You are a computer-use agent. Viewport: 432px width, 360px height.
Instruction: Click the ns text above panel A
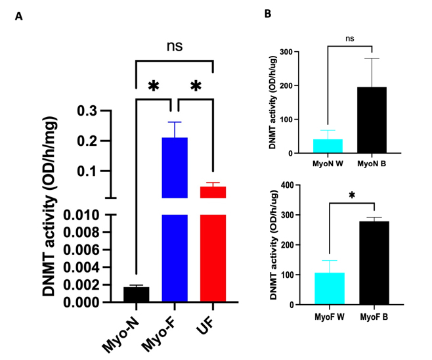[174, 46]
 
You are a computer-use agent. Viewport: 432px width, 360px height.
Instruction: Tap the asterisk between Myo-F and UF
[195, 87]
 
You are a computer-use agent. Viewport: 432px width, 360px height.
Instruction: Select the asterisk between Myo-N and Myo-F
[154, 87]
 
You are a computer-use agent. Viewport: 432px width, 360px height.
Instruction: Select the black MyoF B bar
[372, 262]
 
